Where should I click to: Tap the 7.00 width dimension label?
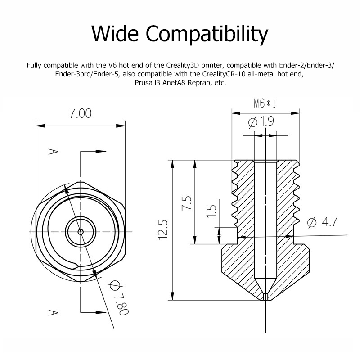(80, 113)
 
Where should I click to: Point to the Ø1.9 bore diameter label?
(261, 121)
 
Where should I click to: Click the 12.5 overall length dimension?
(162, 229)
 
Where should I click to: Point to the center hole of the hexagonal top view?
(81, 231)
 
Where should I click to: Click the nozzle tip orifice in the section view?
(265, 296)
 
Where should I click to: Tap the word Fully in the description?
(35, 65)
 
